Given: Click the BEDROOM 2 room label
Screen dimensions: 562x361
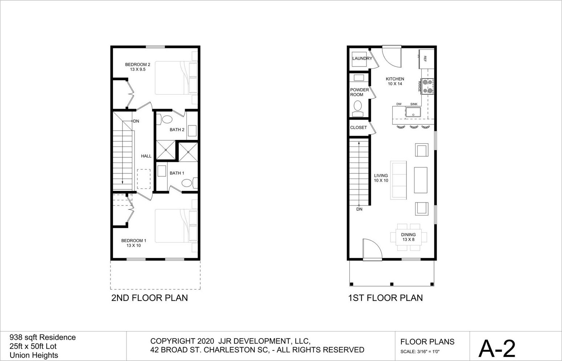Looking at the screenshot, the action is click(137, 67).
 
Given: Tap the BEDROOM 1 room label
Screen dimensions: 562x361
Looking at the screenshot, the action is click(133, 243).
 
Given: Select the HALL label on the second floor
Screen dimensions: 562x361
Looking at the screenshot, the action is click(146, 156).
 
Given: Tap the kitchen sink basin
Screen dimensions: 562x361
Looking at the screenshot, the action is click(413, 112).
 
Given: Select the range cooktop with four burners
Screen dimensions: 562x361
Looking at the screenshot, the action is click(427, 86).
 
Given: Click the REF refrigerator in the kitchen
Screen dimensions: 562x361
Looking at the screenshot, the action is click(426, 59).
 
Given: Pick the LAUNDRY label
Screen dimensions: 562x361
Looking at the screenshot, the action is click(362, 59).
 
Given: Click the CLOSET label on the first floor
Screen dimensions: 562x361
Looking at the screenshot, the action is click(358, 128).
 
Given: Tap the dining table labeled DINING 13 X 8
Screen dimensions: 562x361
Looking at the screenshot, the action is click(409, 237).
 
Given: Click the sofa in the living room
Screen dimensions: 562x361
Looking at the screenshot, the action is click(398, 180).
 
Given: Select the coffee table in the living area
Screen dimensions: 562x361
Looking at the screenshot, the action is click(421, 180).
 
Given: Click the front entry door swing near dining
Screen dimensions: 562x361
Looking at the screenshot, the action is click(372, 248).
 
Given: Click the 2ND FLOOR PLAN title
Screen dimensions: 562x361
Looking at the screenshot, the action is click(149, 298).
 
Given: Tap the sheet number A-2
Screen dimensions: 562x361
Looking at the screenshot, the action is click(497, 348).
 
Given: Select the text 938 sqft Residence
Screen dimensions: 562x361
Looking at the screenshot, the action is click(43, 337).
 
